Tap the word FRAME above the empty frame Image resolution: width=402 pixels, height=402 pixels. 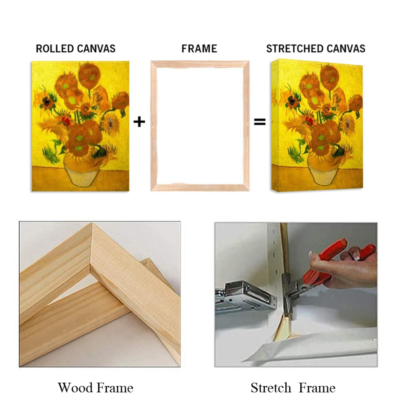[x=199, y=48]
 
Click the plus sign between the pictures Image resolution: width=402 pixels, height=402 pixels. [x=139, y=122]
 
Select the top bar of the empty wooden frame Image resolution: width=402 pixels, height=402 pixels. [x=200, y=64]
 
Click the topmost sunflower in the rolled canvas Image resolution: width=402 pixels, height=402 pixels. [x=88, y=73]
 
